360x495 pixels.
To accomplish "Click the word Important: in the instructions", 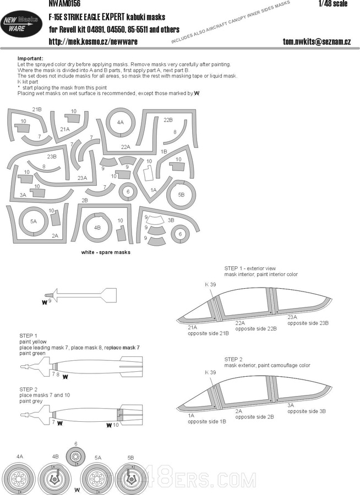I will [x=30, y=58].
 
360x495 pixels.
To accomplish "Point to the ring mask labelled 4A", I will [x=121, y=123].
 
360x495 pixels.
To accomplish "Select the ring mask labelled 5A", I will [x=34, y=221].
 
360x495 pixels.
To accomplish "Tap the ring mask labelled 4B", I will [x=97, y=227].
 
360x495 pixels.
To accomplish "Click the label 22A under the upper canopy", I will [x=241, y=323].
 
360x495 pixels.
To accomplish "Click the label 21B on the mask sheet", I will [x=37, y=109].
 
